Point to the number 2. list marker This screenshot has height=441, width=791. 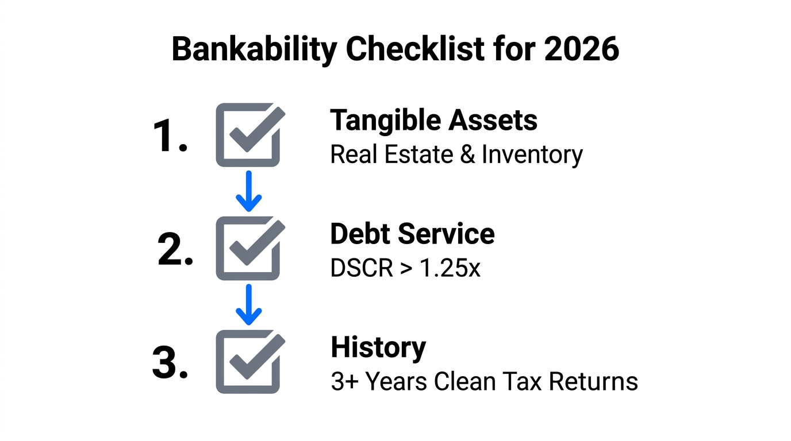(x=175, y=251)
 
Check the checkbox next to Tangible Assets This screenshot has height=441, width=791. (x=248, y=136)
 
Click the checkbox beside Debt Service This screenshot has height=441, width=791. (x=248, y=249)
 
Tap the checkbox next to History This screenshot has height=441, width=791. (x=248, y=362)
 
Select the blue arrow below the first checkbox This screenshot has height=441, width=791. (x=248, y=191)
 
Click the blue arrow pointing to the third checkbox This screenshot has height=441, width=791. (x=248, y=304)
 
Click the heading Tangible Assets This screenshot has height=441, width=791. (x=433, y=121)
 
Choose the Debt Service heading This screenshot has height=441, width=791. (x=412, y=234)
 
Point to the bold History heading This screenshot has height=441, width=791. (x=378, y=347)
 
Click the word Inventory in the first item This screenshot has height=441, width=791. (x=532, y=155)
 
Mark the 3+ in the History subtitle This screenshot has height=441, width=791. (x=345, y=382)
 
